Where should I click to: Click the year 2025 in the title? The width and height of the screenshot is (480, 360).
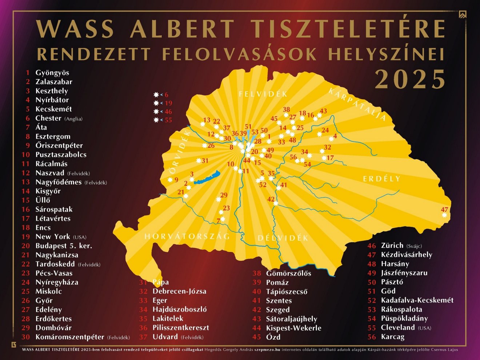pyautogui.click(x=410, y=79)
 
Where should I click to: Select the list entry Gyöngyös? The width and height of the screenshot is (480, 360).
pyautogui.click(x=52, y=73)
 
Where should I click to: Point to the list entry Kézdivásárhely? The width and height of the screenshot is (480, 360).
pyautogui.click(x=406, y=255)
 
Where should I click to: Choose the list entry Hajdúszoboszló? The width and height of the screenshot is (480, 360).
pyautogui.click(x=179, y=309)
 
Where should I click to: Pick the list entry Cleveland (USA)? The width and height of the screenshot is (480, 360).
pyautogui.click(x=405, y=328)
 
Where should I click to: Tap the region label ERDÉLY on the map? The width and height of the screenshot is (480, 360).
pyautogui.click(x=381, y=179)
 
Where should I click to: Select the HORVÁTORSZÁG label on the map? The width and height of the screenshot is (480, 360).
pyautogui.click(x=187, y=236)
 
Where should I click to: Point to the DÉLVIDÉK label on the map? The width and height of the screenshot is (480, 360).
pyautogui.click(x=283, y=238)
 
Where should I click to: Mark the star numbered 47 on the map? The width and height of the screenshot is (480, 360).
pyautogui.click(x=444, y=215)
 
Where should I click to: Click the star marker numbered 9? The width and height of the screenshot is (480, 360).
pyautogui.click(x=170, y=180)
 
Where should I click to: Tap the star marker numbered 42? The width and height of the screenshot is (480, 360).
pyautogui.click(x=276, y=203)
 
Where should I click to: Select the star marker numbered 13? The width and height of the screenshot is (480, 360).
pyautogui.click(x=203, y=124)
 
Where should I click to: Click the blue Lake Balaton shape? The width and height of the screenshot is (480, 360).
pyautogui.click(x=207, y=177)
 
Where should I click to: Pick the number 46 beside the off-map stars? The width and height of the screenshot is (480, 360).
pyautogui.click(x=168, y=112)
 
